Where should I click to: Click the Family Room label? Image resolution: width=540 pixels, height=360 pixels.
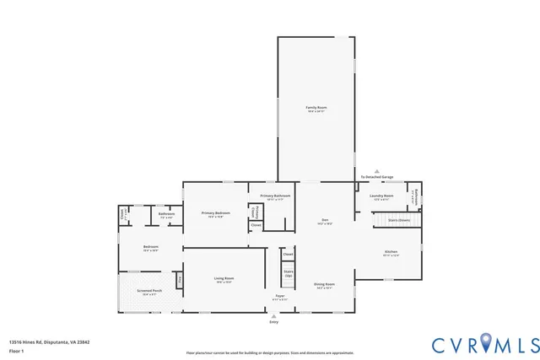(x=316, y=109)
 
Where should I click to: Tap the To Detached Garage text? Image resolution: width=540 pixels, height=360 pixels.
(x=377, y=177)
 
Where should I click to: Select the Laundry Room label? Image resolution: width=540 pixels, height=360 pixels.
(x=381, y=196)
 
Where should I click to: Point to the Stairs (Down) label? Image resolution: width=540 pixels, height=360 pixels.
(x=398, y=220)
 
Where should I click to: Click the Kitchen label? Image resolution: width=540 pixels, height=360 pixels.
(x=391, y=253)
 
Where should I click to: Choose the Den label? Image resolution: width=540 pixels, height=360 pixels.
(x=325, y=222)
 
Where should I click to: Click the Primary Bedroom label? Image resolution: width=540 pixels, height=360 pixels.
(x=216, y=214)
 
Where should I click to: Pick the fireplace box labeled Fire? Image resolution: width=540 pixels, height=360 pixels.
(x=179, y=279)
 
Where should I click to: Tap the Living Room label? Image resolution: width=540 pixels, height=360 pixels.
(x=223, y=279)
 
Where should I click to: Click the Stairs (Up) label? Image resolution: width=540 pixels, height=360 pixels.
(x=288, y=273)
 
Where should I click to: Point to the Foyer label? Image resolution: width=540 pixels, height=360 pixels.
(x=280, y=298)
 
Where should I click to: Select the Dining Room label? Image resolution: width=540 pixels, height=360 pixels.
(x=324, y=285)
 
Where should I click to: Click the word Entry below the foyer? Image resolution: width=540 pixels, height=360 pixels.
(x=273, y=323)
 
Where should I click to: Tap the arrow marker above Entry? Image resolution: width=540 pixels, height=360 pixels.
(x=273, y=316)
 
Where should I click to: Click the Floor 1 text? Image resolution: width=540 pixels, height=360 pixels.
(x=15, y=349)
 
